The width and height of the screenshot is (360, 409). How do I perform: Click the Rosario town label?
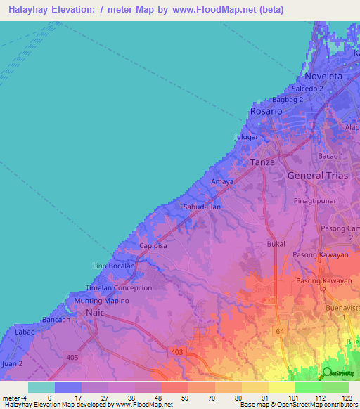[266, 111]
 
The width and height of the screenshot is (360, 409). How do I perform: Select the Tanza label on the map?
[263, 162]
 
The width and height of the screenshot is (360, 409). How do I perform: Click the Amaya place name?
[222, 181]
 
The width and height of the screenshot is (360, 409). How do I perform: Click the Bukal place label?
[276, 243]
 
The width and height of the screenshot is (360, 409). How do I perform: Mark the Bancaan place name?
[56, 319]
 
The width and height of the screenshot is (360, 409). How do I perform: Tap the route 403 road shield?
[176, 350]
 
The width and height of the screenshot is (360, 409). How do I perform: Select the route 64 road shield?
[281, 330]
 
